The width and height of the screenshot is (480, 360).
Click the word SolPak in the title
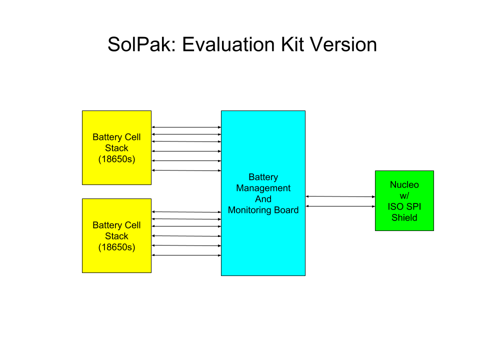141,44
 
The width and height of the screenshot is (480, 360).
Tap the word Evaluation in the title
228,44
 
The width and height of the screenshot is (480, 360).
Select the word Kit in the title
292,44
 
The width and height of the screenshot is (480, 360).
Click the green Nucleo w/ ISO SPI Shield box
404,201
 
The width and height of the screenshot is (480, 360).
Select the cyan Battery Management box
263,193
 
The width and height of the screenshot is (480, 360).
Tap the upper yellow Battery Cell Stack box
116,147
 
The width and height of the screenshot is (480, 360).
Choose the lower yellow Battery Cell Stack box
116,235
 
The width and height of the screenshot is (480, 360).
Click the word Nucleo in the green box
404,184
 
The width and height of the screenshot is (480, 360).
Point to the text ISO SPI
404,206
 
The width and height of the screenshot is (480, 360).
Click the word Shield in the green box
404,217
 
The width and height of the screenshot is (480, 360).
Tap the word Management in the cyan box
263,188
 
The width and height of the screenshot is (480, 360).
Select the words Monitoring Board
263,210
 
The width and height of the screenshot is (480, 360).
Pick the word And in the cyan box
263,199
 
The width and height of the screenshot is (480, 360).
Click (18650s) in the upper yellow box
116,159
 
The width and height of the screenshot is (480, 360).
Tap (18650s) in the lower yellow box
116,247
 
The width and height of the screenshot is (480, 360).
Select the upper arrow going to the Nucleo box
340,196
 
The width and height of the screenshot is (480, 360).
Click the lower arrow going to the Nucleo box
340,206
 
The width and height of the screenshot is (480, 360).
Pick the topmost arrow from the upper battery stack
186,127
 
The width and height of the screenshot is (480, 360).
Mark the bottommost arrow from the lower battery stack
186,255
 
